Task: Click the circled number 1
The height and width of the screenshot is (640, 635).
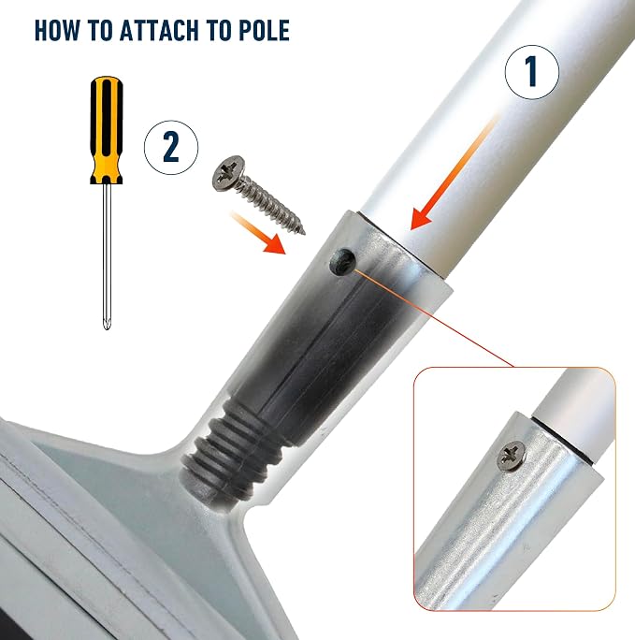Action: [532, 72]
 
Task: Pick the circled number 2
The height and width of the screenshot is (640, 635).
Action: [171, 147]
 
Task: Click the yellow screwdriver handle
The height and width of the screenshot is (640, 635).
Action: [107, 130]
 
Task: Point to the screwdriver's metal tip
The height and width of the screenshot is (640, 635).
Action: [107, 323]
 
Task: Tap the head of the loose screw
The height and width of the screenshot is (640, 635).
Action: [228, 173]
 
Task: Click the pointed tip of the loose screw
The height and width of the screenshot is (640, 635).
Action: [303, 232]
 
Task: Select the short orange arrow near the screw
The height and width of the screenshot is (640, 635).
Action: [258, 233]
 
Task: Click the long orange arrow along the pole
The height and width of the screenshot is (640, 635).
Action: [455, 172]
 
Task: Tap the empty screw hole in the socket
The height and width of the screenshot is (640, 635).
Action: [342, 262]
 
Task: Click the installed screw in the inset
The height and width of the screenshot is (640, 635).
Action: [511, 456]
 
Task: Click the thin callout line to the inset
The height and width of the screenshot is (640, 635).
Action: [434, 317]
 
